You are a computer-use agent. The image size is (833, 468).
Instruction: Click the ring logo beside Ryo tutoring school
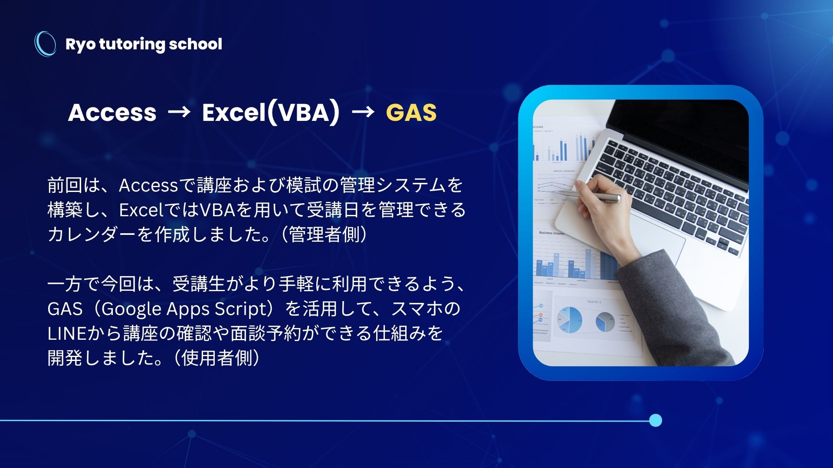[x=36, y=43]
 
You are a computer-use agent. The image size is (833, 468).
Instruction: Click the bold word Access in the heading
[x=112, y=112]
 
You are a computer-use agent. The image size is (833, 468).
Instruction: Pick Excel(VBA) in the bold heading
[x=271, y=112]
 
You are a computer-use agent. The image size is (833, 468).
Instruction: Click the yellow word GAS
[x=411, y=112]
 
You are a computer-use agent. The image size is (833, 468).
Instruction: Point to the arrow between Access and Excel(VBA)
[x=179, y=112]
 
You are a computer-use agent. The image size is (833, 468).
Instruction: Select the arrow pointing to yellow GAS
[x=363, y=112]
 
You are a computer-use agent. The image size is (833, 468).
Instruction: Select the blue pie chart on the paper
[x=569, y=320]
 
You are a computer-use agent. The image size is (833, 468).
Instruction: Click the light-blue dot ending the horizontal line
[x=656, y=420]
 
